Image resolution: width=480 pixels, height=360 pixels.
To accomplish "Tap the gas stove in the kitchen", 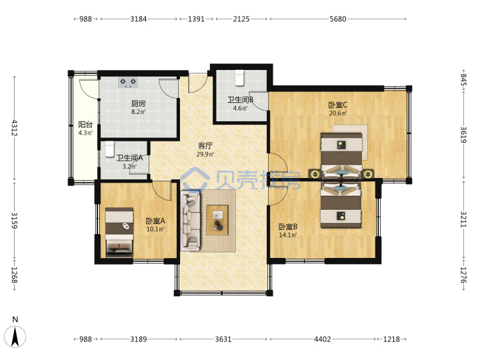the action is (128, 83).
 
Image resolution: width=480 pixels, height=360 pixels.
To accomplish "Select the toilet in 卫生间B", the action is (239, 78).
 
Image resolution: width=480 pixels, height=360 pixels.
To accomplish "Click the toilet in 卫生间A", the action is (109, 149).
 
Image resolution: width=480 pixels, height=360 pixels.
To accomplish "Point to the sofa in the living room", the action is (191, 221).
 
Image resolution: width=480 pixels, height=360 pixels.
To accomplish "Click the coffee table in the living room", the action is (217, 220).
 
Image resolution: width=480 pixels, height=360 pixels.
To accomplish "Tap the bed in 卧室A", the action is (119, 232).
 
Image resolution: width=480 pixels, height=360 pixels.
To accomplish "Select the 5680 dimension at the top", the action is (338, 19).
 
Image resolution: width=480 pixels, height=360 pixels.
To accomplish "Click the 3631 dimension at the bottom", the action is (223, 339).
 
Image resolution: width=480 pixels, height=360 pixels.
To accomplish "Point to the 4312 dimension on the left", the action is (15, 128).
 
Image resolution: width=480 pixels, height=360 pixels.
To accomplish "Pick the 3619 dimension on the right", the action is (463, 135).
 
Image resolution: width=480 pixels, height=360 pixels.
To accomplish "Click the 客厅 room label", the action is (205, 146).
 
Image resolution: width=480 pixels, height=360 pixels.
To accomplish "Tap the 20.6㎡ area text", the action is (338, 113).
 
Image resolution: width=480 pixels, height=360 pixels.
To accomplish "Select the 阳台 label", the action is (85, 125).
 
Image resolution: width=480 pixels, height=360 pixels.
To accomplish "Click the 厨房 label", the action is (139, 103).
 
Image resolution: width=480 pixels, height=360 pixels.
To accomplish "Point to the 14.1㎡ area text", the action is (288, 235).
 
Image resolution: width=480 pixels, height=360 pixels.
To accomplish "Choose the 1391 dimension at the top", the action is (196, 19).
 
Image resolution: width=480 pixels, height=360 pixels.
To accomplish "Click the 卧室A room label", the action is (155, 221).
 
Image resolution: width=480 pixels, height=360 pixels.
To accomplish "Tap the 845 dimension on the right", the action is (463, 80).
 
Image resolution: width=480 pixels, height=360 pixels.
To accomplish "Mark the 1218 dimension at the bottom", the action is (391, 339).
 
